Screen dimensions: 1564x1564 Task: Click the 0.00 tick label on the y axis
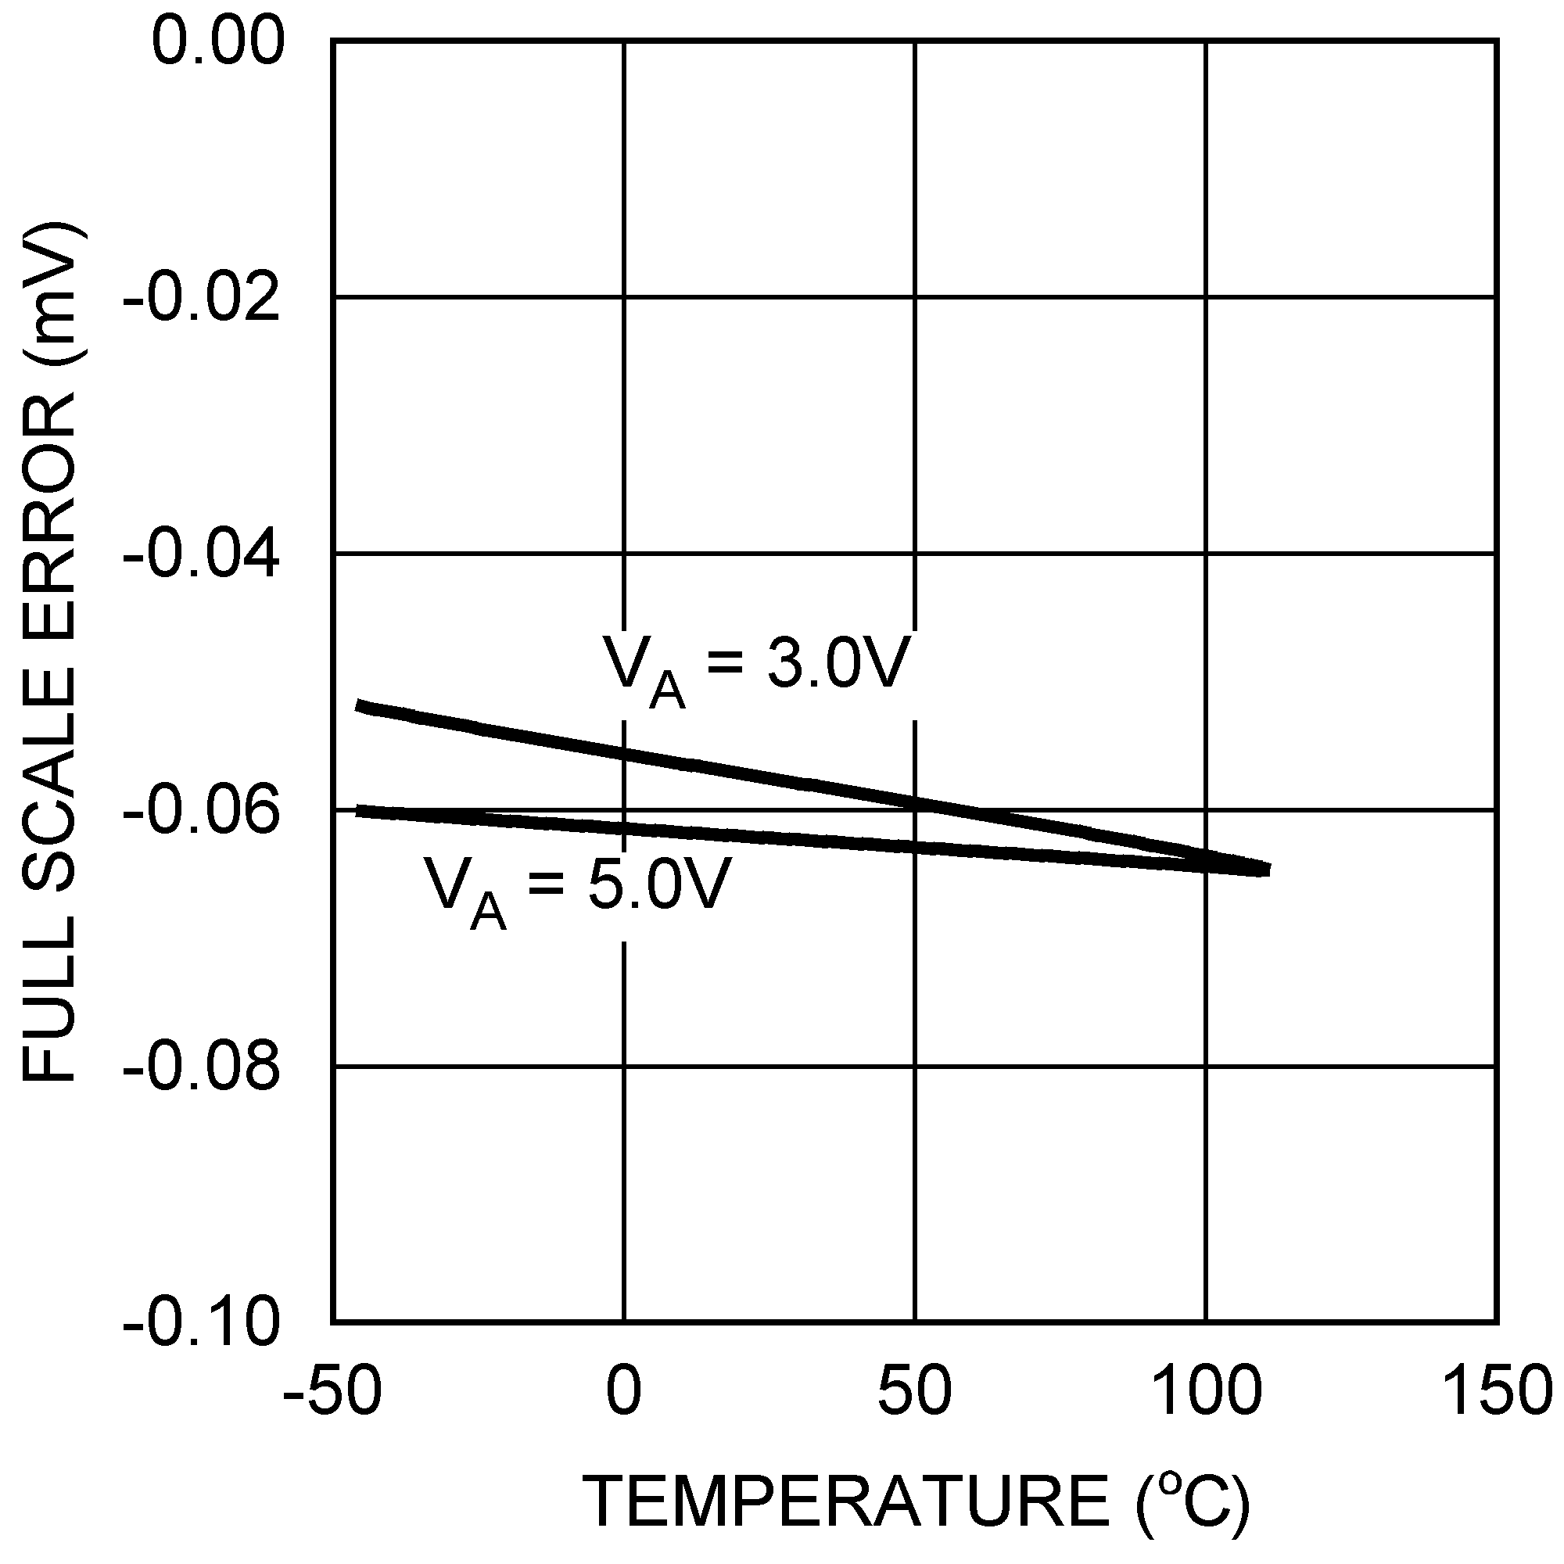219,42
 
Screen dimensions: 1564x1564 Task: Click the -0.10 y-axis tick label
202,1325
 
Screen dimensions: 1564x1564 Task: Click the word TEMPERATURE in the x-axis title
846,1502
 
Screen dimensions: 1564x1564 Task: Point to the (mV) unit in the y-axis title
52,300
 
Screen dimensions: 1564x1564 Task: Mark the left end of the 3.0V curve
359,706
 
